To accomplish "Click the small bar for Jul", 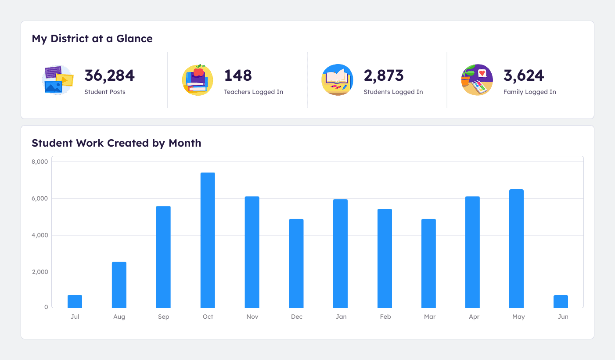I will click(x=75, y=301).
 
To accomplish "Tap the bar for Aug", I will click(x=119, y=284).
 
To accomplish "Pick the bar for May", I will click(x=516, y=248).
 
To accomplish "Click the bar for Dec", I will click(x=296, y=263).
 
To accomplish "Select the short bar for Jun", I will click(x=561, y=301).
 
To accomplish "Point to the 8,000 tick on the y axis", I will click(x=40, y=162).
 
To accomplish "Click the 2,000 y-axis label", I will click(x=40, y=272).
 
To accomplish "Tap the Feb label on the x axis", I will click(x=385, y=317).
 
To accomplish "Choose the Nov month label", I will click(x=252, y=317).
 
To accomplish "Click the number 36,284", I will click(x=109, y=76).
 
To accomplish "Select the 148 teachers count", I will click(x=238, y=76).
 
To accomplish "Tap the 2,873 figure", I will click(x=383, y=76).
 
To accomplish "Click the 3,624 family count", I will click(x=523, y=76).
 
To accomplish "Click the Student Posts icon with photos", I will click(x=58, y=80).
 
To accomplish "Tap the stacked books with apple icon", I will click(x=198, y=80).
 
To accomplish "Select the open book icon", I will click(x=337, y=80).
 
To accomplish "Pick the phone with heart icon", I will click(x=477, y=80).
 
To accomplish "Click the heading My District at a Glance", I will click(x=92, y=39).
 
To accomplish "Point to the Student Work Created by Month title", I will click(x=116, y=143).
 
